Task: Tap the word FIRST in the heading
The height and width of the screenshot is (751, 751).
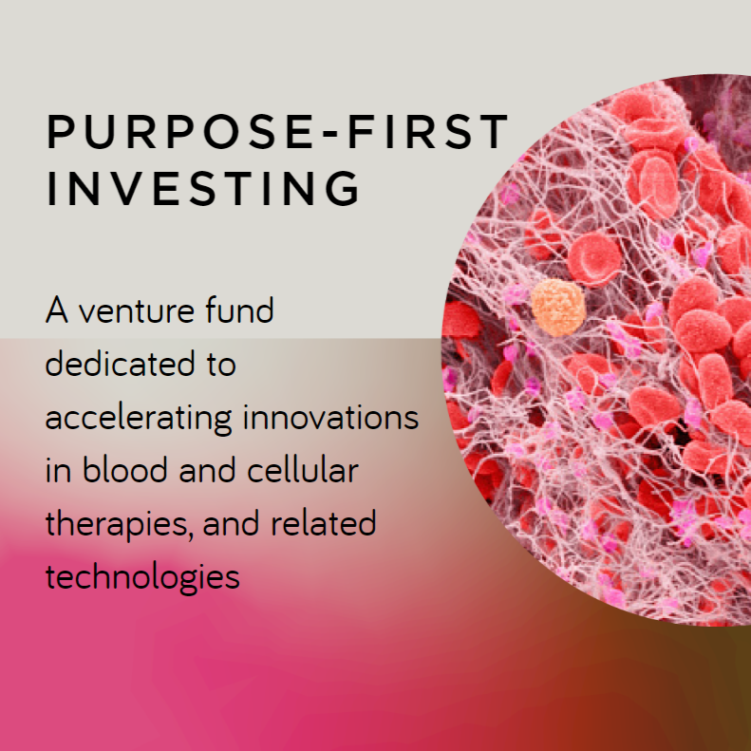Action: point(427,131)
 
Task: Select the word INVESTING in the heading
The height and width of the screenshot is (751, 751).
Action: point(203,188)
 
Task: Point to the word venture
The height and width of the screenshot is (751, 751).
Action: point(136,311)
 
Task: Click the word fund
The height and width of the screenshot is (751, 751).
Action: point(239,310)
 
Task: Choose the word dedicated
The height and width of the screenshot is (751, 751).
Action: point(120,363)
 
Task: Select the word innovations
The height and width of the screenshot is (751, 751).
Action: point(331,416)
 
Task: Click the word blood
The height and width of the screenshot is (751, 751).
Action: point(125,469)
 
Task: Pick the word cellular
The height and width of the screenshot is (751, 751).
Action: point(303,469)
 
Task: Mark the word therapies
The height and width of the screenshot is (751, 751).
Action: point(117,524)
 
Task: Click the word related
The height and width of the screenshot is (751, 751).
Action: point(324,522)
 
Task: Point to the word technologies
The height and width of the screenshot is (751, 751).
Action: point(142,577)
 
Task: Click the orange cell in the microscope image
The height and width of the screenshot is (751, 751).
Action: point(558,308)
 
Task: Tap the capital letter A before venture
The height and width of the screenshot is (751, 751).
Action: point(57,310)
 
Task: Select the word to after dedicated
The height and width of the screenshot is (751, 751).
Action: point(221,365)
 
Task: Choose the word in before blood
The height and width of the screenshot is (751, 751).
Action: point(58,470)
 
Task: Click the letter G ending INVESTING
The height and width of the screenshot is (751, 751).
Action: point(343,188)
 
